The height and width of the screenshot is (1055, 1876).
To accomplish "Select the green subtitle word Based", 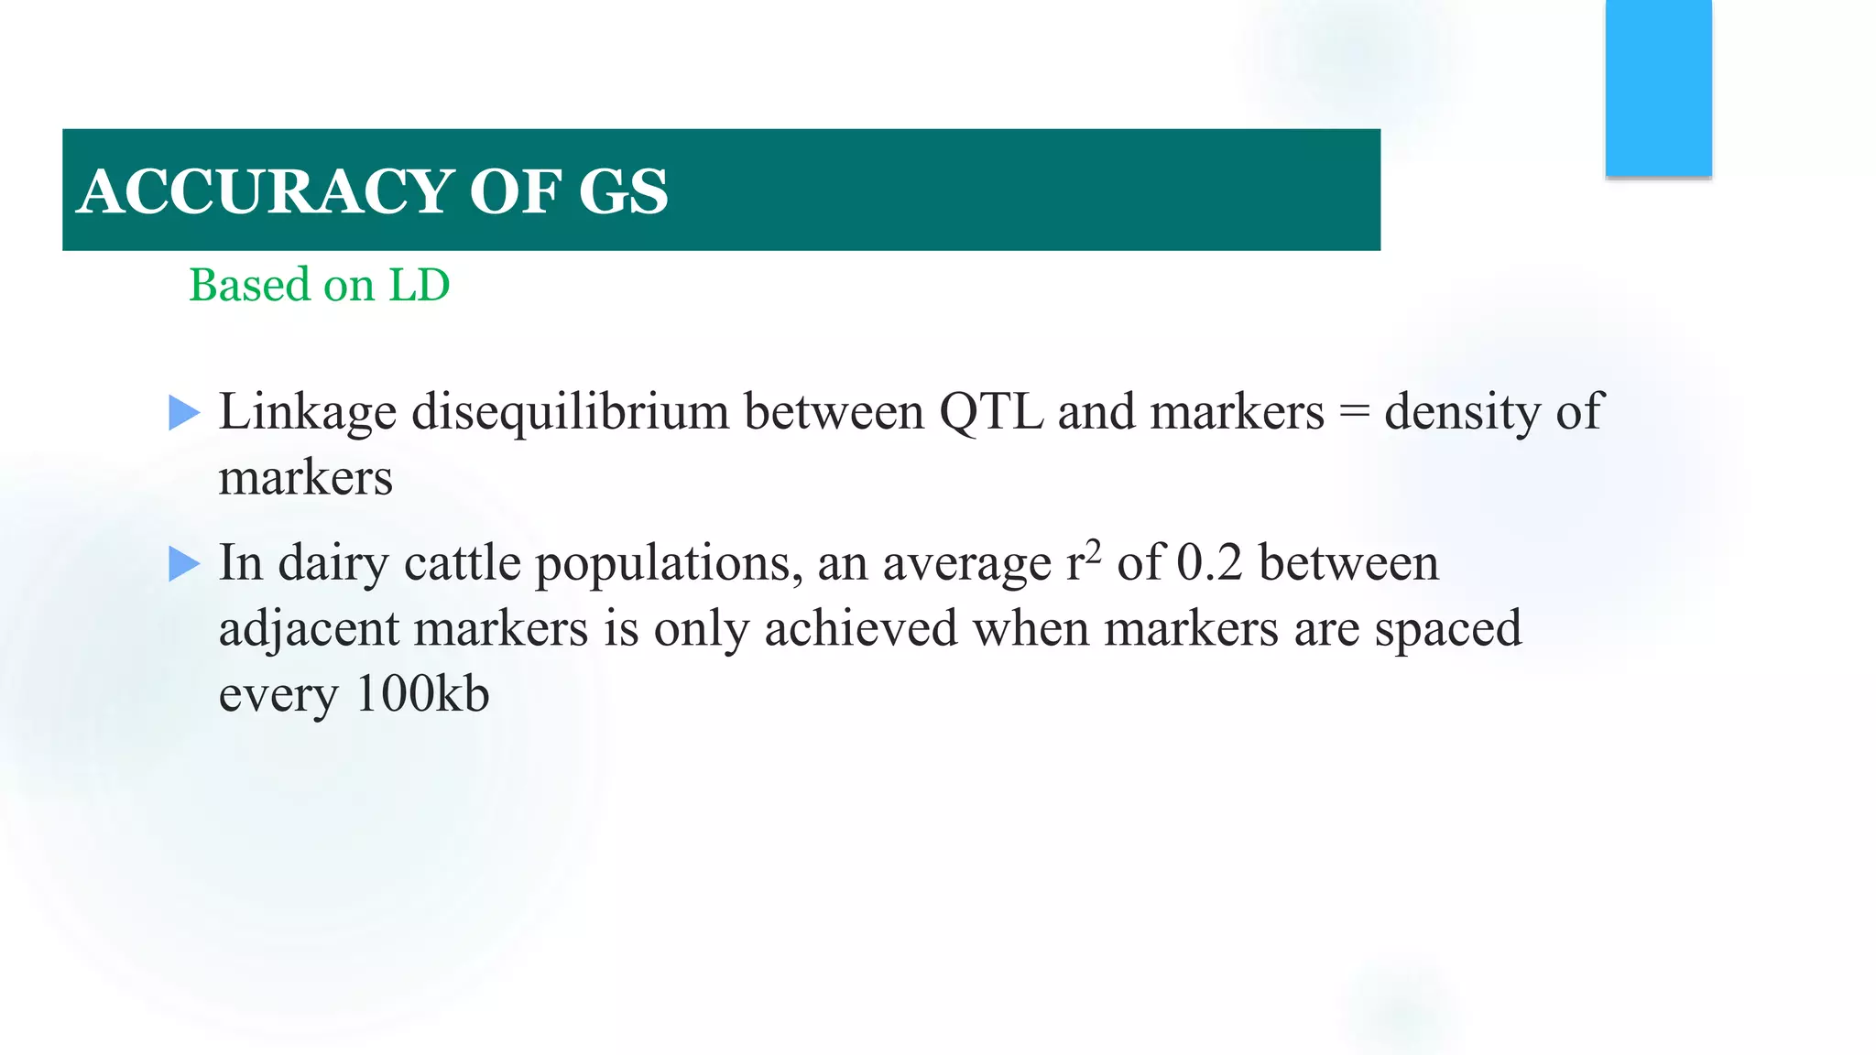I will (x=249, y=285).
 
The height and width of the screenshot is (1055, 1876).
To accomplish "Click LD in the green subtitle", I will (x=420, y=285).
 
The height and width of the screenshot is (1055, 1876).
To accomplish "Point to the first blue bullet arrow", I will (x=184, y=413).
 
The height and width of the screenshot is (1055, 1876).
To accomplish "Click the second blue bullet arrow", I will (x=184, y=564).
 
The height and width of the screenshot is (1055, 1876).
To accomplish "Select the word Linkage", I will (x=307, y=413).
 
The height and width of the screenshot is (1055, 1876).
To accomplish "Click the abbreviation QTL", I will (x=991, y=411).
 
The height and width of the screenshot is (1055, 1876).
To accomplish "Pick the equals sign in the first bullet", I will (x=1354, y=413).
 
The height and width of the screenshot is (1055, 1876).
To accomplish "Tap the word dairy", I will (x=333, y=563).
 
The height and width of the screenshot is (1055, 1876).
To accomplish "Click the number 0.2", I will (x=1209, y=562).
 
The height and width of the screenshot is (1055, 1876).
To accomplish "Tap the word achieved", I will (x=860, y=629).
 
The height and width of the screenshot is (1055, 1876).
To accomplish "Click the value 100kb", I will (x=422, y=694).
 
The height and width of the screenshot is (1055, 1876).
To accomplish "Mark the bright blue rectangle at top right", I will (x=1658, y=87).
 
